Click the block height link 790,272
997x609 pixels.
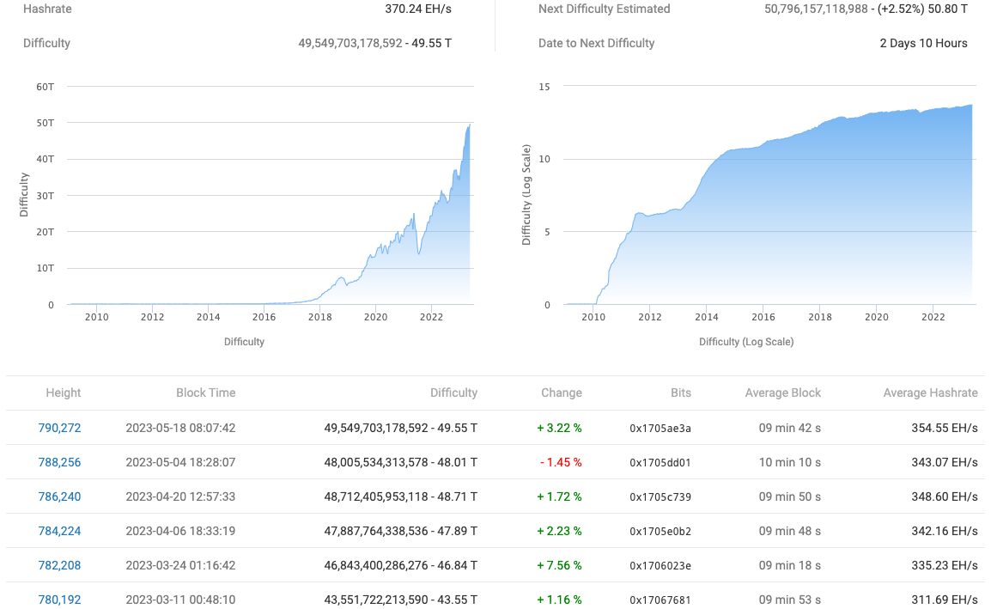59,428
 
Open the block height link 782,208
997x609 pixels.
59,565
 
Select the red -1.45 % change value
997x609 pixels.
561,462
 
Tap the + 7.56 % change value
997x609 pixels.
560,565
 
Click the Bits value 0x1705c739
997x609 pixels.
660,496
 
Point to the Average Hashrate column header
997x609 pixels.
930,393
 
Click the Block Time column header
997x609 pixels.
205,393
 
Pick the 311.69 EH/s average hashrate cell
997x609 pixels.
945,600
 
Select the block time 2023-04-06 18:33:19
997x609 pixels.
180,531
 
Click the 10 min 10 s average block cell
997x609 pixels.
789,462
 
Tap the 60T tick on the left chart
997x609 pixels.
45,86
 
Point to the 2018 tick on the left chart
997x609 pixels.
319,317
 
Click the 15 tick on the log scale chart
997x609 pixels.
544,86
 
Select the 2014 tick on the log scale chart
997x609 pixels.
706,317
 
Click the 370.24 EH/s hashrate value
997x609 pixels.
418,9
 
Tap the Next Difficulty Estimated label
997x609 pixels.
604,9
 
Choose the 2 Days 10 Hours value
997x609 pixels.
923,43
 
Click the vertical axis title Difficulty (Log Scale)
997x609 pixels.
526,196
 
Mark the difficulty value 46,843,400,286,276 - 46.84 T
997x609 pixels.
400,565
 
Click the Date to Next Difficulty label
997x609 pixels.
596,43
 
